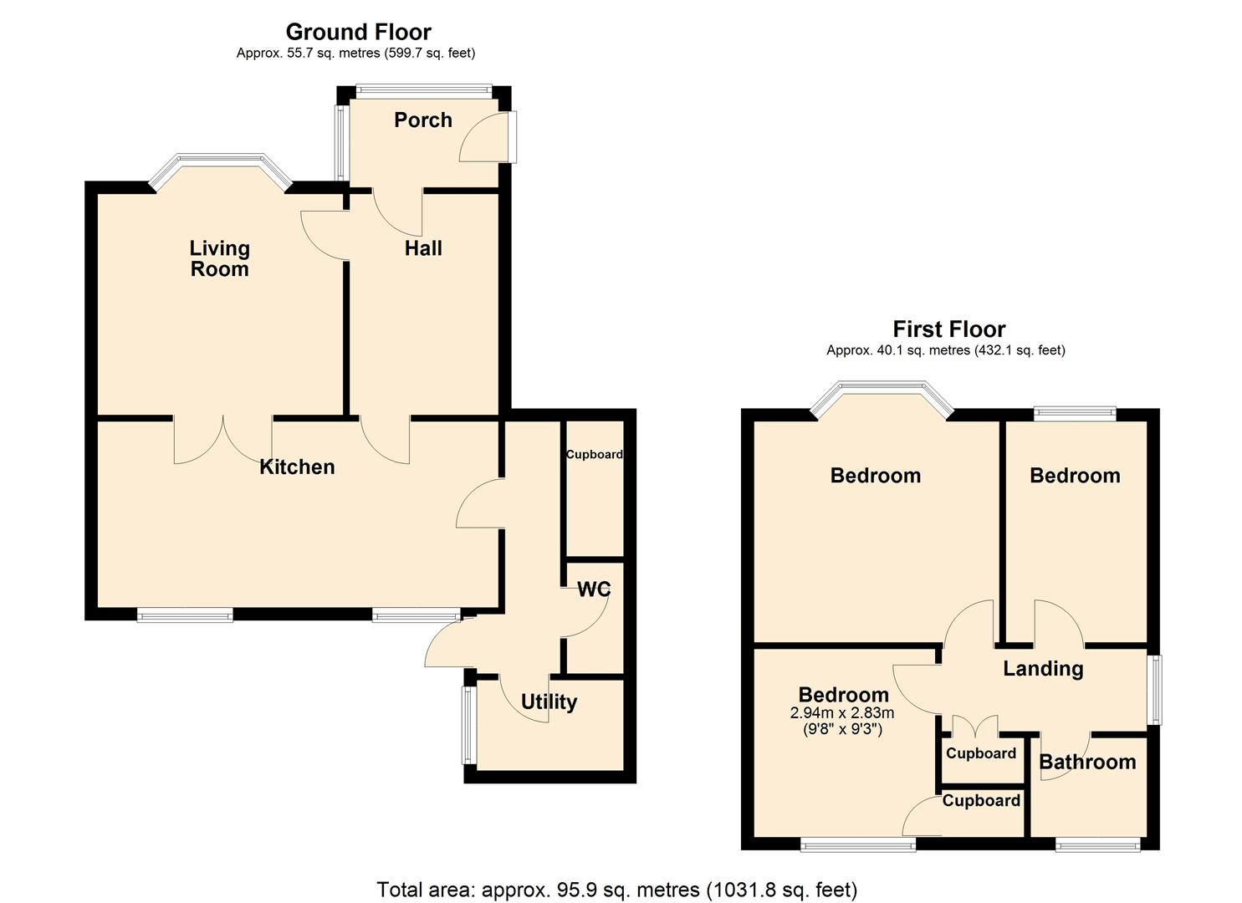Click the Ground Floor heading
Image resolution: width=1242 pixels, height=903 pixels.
pyautogui.click(x=358, y=32)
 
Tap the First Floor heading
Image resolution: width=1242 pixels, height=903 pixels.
pyautogui.click(x=948, y=329)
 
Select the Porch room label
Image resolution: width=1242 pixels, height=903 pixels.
pyautogui.click(x=423, y=120)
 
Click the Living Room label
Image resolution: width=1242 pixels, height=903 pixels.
pyautogui.click(x=219, y=258)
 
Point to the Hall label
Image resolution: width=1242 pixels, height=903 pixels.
pyautogui.click(x=423, y=248)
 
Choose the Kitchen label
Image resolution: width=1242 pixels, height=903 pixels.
pyautogui.click(x=297, y=467)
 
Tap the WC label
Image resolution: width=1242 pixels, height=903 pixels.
pyautogui.click(x=594, y=589)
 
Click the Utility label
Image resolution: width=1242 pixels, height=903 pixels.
pyautogui.click(x=549, y=701)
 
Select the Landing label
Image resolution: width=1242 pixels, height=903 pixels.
pyautogui.click(x=1043, y=668)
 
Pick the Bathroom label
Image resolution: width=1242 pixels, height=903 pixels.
pyautogui.click(x=1087, y=762)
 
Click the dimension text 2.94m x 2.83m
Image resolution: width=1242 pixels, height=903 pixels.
pyautogui.click(x=842, y=713)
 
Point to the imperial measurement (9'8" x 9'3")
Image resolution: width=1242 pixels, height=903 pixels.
pyautogui.click(x=842, y=729)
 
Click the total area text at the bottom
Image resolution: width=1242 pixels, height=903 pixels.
pyautogui.click(x=617, y=889)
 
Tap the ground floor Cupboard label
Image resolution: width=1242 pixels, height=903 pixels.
pyautogui.click(x=594, y=455)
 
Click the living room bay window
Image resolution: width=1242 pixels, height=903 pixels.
pyautogui.click(x=221, y=161)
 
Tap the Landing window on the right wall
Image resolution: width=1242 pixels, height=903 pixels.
pyautogui.click(x=1155, y=690)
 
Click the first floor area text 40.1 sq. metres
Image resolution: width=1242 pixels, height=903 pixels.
pyautogui.click(x=945, y=350)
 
